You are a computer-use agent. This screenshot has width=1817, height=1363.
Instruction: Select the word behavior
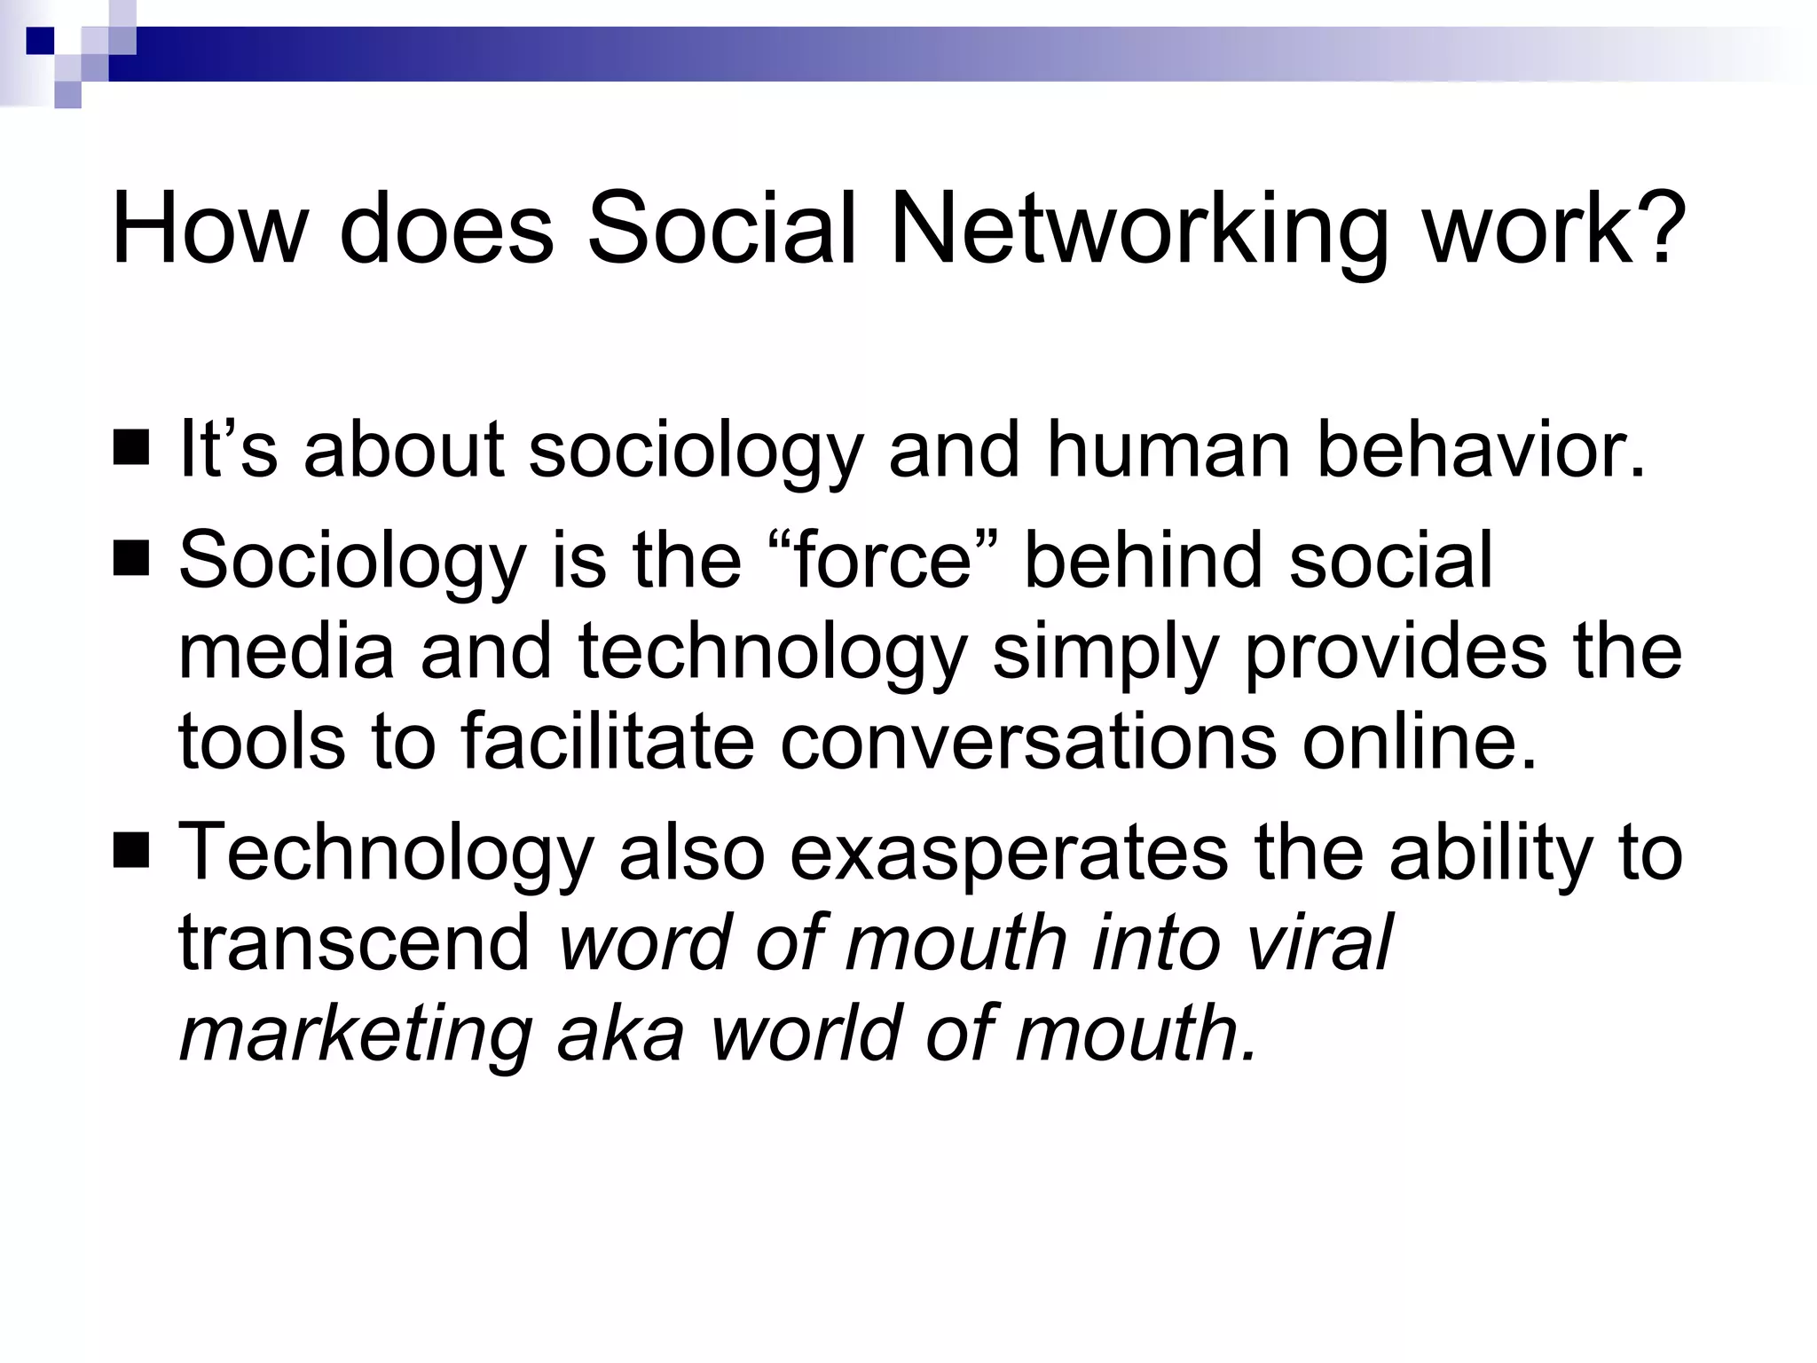pyautogui.click(x=1481, y=450)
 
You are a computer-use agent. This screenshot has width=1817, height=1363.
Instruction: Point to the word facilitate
pyautogui.click(x=608, y=741)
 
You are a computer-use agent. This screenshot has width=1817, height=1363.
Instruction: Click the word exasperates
pyautogui.click(x=1009, y=852)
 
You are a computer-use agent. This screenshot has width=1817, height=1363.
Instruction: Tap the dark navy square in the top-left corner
pyautogui.click(x=40, y=41)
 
